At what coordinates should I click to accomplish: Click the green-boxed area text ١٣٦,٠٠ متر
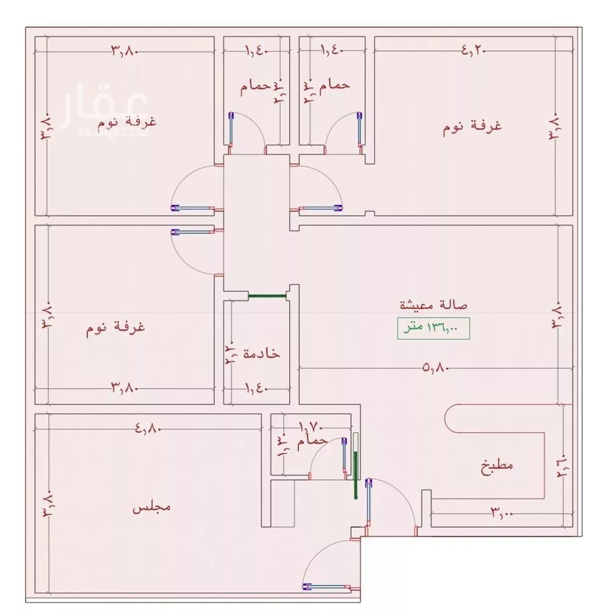(434, 328)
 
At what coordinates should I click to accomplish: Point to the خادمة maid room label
(261, 353)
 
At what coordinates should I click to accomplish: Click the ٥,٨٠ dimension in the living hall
(435, 367)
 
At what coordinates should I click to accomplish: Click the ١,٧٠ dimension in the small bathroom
(310, 427)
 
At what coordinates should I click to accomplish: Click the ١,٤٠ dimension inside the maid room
(257, 387)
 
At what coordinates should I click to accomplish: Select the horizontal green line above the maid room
(267, 296)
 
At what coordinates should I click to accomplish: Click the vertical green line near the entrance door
(356, 474)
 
